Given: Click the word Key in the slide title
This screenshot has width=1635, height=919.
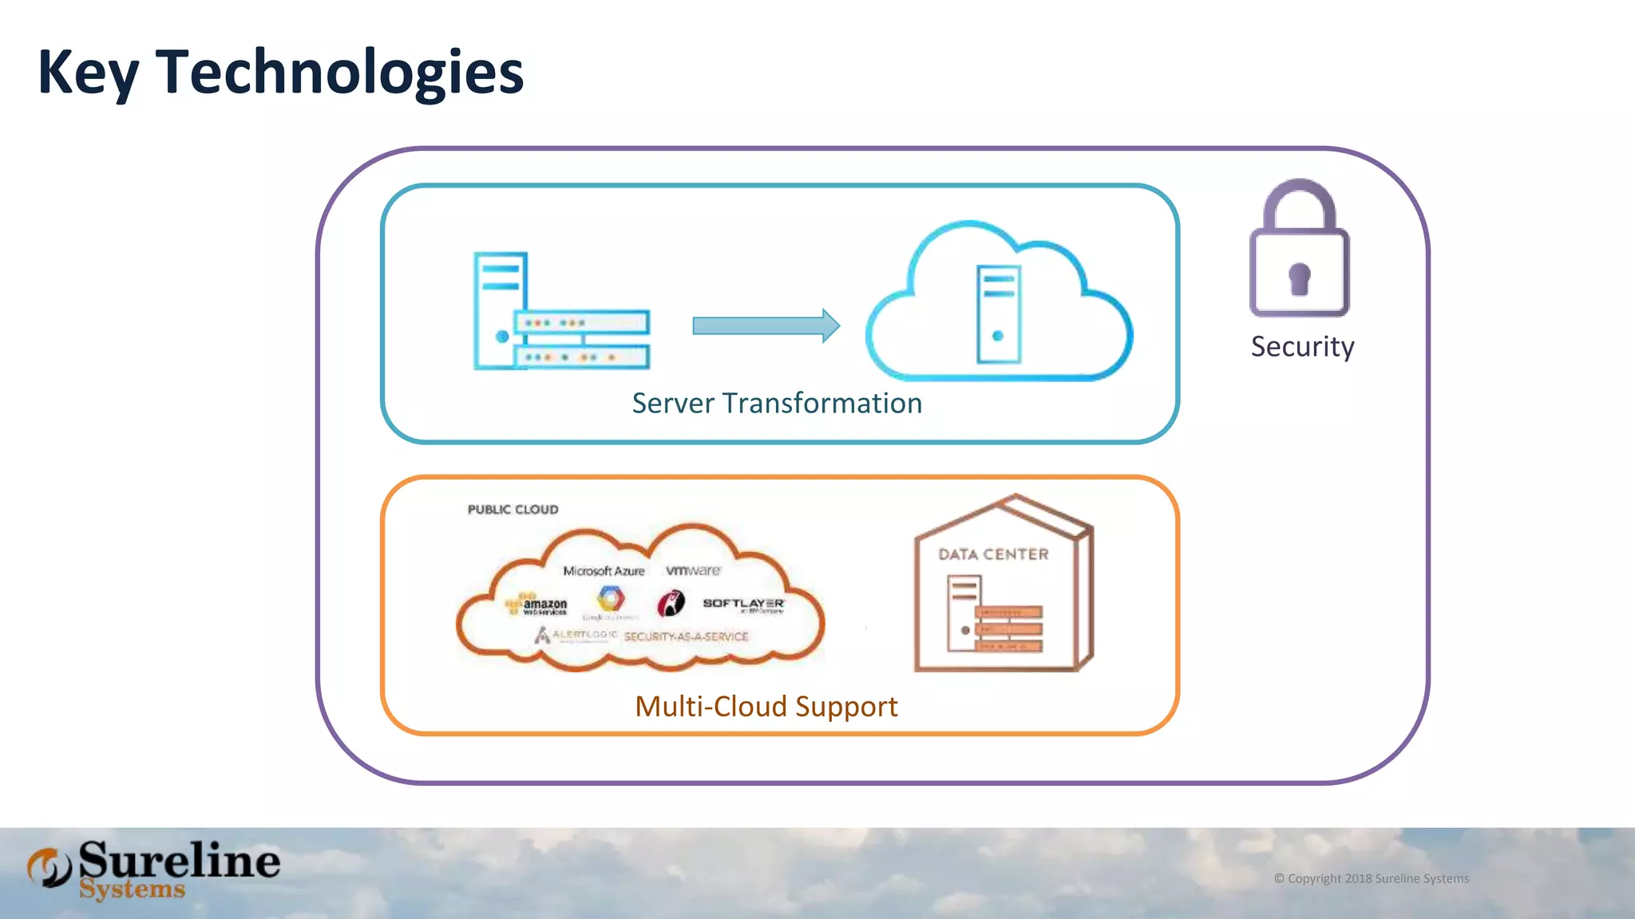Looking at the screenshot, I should coord(88,73).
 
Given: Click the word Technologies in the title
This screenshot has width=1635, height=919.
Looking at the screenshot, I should coord(339,73).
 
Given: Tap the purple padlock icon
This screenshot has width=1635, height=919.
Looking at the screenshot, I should coord(1299,249).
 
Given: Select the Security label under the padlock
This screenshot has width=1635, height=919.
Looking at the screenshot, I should coord(1302,347).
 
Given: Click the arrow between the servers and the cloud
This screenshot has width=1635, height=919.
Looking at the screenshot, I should coord(765,325).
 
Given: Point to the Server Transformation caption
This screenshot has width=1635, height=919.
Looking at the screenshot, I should coord(777,404).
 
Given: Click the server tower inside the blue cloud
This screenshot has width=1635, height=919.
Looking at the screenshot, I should coord(999,314).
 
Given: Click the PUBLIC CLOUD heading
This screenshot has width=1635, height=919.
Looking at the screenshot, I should coord(513,510).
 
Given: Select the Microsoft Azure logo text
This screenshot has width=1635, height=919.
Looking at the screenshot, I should coord(604,571).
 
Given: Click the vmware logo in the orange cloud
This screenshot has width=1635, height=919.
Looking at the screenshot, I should coord(693,570).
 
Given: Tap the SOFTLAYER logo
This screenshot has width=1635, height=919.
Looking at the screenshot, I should coord(743,604).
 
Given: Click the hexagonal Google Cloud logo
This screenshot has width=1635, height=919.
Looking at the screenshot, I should coord(610,598).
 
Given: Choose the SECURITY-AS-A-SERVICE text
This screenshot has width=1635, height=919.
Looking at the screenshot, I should coord(686,637).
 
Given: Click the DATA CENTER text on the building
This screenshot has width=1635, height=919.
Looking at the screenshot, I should coord(993,554).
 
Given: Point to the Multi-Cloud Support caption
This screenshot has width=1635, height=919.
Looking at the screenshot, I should coord(766,707).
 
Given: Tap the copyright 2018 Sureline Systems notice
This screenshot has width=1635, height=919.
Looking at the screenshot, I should coord(1371,878).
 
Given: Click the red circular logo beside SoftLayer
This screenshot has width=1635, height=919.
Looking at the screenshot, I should coord(671,604).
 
